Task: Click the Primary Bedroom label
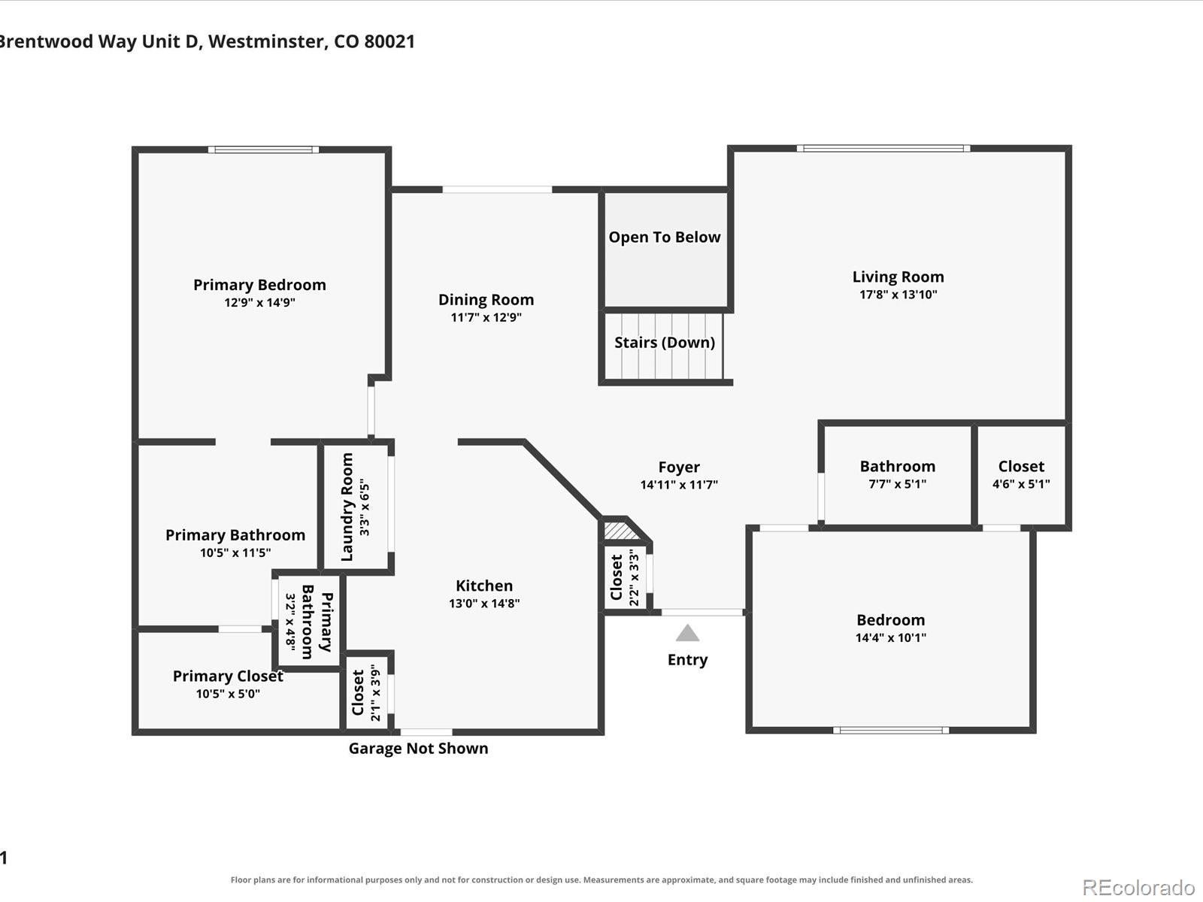[259, 285]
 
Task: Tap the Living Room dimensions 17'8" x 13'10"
[898, 295]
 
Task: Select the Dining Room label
[486, 300]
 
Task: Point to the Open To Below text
[664, 237]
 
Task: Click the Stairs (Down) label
[664, 343]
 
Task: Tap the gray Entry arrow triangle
[687, 633]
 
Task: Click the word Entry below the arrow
[687, 660]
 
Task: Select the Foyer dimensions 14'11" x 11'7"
[678, 485]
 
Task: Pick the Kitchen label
[484, 586]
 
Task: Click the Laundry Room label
[347, 507]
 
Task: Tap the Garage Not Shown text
[418, 749]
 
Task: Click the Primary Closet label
[228, 676]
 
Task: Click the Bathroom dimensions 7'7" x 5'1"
[897, 484]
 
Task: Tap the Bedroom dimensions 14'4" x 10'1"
[891, 637]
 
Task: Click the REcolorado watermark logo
[1138, 887]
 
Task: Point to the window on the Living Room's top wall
[883, 148]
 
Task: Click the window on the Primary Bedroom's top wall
[263, 150]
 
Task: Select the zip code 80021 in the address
[389, 41]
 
